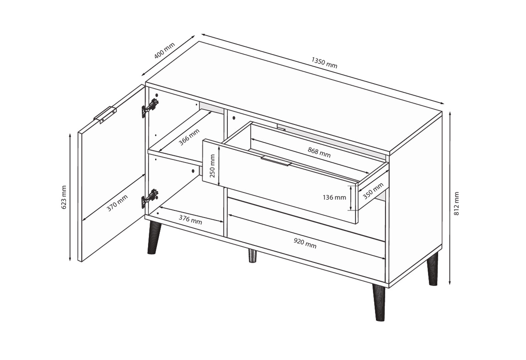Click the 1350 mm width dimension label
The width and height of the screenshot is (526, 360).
[x=324, y=63]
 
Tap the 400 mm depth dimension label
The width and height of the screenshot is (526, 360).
[x=164, y=50]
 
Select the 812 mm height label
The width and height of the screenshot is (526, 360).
[x=456, y=204]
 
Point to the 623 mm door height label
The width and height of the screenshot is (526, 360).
[x=64, y=197]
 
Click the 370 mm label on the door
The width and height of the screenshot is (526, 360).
[x=117, y=203]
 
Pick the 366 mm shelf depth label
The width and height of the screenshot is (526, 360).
[x=189, y=137]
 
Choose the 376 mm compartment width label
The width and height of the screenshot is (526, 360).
[x=190, y=220]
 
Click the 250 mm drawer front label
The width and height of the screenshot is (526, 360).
[x=212, y=166]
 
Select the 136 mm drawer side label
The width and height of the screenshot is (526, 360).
[x=335, y=198]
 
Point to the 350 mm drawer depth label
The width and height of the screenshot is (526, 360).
[x=373, y=191]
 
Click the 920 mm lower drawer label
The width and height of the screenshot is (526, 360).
[x=305, y=243]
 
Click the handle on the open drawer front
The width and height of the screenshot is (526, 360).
[x=276, y=161]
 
